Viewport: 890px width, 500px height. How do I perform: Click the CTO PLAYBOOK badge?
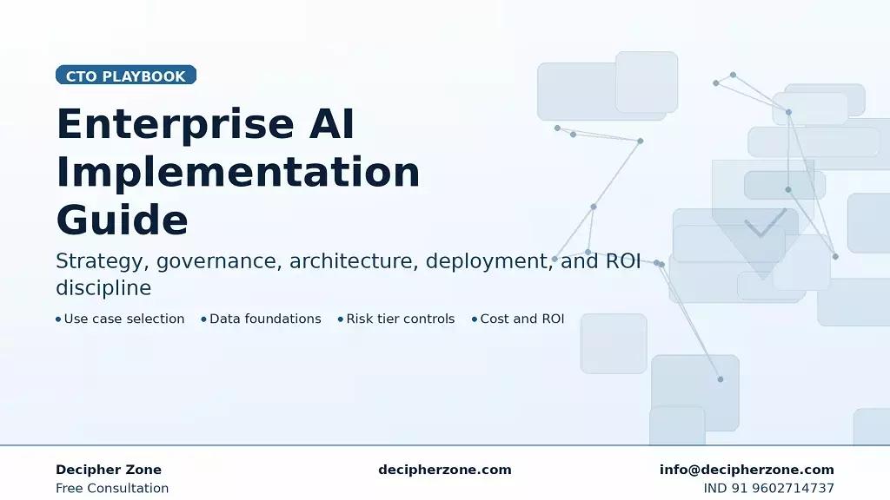126,76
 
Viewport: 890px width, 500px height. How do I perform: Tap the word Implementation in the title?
237,172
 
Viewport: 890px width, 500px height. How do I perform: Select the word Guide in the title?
122,220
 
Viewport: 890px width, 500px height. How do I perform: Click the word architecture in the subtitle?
353,261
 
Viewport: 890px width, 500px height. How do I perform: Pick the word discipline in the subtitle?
103,288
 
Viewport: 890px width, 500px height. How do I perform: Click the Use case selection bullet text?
124,319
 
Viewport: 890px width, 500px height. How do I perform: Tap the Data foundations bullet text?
265,319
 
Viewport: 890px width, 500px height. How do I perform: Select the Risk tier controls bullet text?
400,319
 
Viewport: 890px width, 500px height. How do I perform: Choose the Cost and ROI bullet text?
521,319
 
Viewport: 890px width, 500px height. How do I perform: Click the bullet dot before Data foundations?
203,319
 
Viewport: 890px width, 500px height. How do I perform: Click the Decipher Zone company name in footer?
109,470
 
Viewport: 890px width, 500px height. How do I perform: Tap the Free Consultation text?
112,488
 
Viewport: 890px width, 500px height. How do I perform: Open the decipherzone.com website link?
445,470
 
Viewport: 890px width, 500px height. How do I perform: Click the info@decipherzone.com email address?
747,470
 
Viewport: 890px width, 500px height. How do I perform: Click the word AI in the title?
331,124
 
